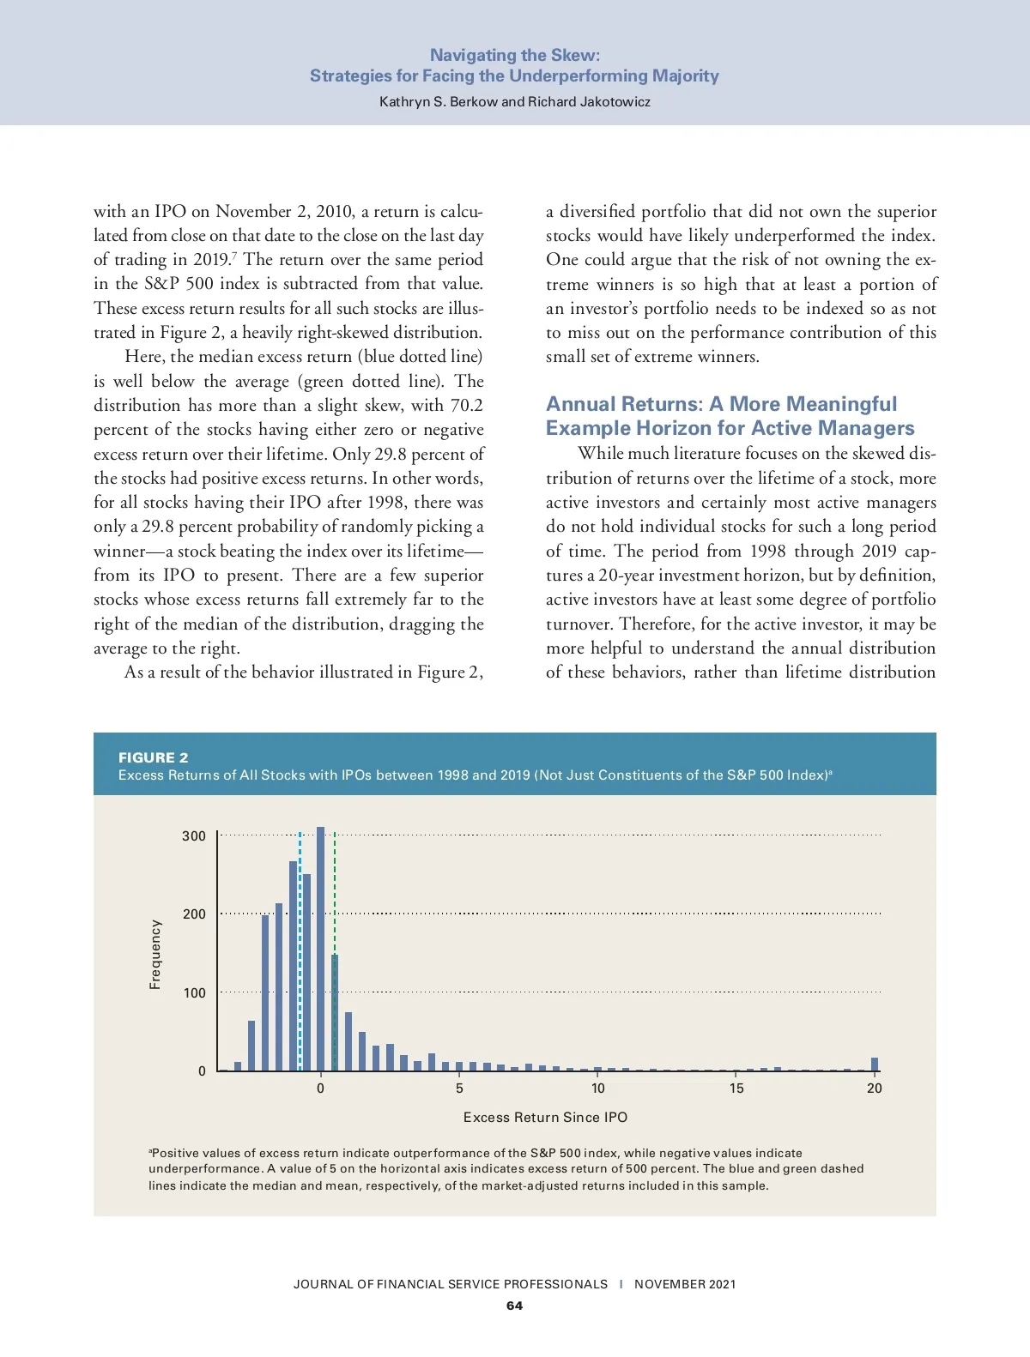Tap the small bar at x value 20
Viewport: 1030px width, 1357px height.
pyautogui.click(x=875, y=1064)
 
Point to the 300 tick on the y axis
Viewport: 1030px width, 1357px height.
pyautogui.click(x=194, y=835)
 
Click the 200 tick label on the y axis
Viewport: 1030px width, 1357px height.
pyautogui.click(x=194, y=914)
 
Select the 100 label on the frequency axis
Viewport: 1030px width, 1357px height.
pyautogui.click(x=194, y=992)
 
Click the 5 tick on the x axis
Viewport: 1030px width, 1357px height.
pyautogui.click(x=459, y=1088)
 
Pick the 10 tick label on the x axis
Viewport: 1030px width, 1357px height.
pyautogui.click(x=597, y=1088)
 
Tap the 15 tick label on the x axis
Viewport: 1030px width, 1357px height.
pyautogui.click(x=736, y=1088)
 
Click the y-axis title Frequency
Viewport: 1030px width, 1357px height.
pyautogui.click(x=155, y=954)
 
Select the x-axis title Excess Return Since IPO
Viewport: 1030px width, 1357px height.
pyautogui.click(x=545, y=1117)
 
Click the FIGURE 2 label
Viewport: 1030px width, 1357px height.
pyautogui.click(x=153, y=757)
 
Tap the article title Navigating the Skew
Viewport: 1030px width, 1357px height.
pyautogui.click(x=514, y=55)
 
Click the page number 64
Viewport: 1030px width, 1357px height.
pyautogui.click(x=514, y=1306)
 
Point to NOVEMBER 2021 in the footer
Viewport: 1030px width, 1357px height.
pyautogui.click(x=684, y=1284)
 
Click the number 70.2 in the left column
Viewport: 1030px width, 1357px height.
pyautogui.click(x=466, y=405)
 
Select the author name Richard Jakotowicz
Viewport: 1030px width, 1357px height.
pyautogui.click(x=589, y=101)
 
